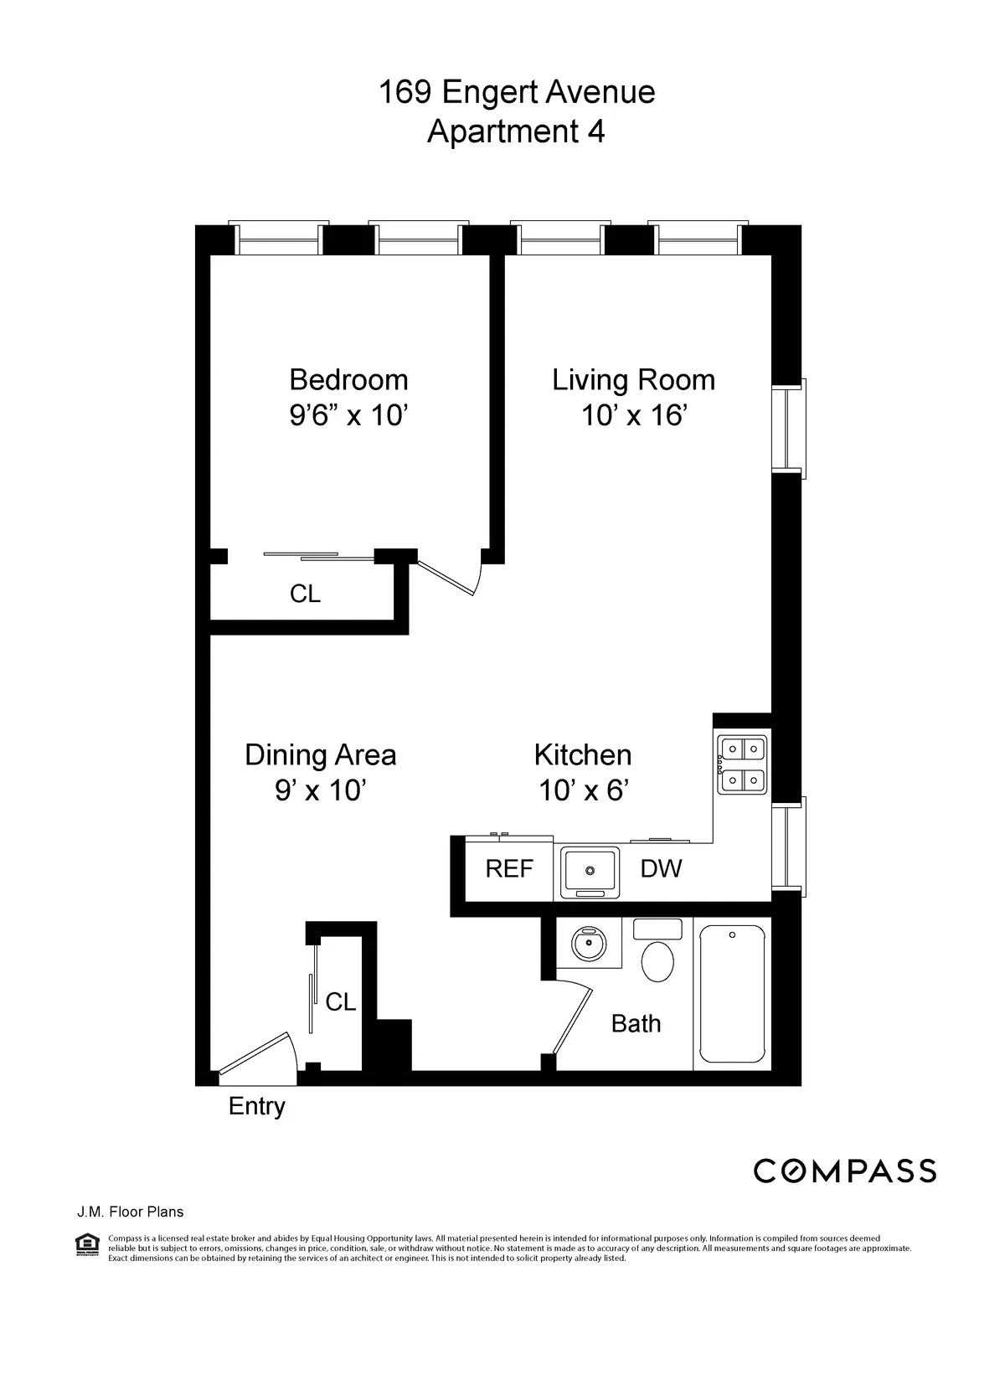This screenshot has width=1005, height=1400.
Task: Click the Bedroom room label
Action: click(348, 380)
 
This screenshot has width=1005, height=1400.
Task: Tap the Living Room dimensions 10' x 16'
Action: click(634, 415)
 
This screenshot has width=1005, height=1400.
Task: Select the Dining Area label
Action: click(320, 754)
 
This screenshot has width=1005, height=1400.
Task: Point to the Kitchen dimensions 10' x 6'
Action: click(583, 790)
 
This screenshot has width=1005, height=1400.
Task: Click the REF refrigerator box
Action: click(509, 869)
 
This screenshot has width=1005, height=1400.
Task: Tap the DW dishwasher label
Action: click(661, 868)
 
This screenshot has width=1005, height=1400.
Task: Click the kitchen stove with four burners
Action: click(742, 764)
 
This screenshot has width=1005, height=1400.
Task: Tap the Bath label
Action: click(636, 1023)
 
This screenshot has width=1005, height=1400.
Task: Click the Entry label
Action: click(257, 1106)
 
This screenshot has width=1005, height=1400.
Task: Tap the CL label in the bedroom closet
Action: click(305, 594)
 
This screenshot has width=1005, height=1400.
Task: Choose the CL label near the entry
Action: click(340, 1001)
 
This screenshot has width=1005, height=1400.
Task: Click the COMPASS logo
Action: click(844, 1171)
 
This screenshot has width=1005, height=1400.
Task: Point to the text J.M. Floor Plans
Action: click(130, 1212)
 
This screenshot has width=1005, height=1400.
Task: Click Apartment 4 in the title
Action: click(516, 132)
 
